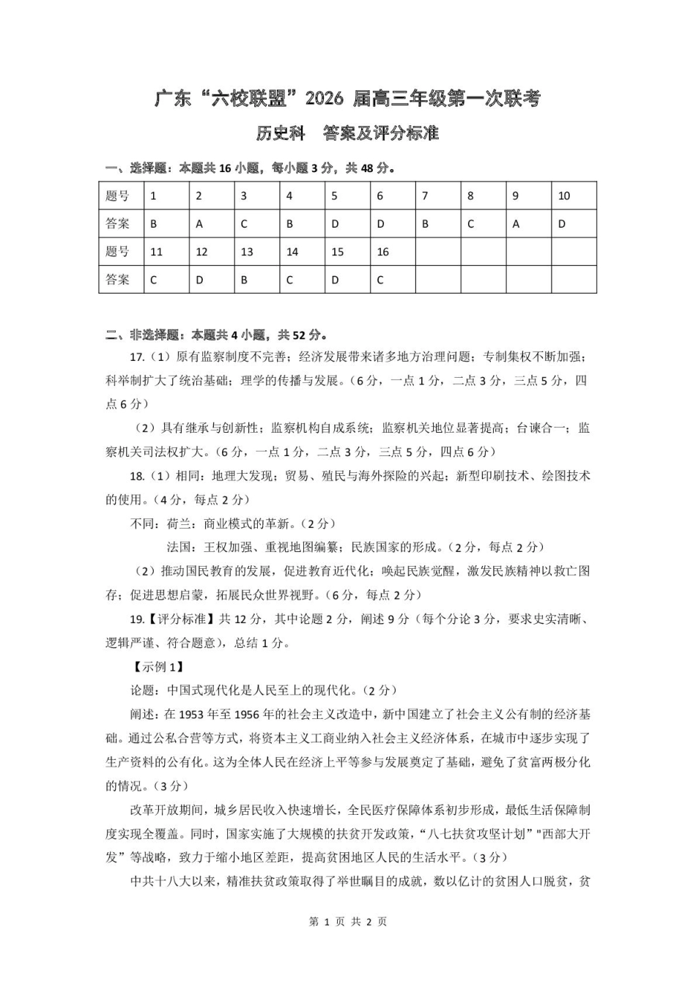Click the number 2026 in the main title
(x=325, y=99)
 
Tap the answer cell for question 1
(x=166, y=224)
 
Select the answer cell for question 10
(x=574, y=224)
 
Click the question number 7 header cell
(x=437, y=196)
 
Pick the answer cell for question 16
(x=392, y=280)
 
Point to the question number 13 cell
(x=257, y=252)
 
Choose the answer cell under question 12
(x=212, y=280)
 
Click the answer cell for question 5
(x=347, y=224)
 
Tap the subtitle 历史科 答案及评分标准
(x=347, y=133)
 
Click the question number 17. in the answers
(x=137, y=357)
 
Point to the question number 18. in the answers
(x=137, y=477)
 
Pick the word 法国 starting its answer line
(x=179, y=548)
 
